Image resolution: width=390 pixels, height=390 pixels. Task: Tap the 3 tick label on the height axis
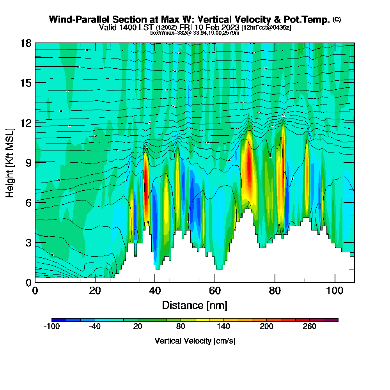[x=28, y=242]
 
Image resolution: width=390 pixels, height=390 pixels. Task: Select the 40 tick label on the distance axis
[x=155, y=291]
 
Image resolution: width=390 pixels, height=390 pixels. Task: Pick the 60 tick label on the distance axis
[x=215, y=291]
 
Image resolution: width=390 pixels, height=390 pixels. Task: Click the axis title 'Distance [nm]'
[x=195, y=305]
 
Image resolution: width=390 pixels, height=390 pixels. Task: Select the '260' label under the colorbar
[x=310, y=327]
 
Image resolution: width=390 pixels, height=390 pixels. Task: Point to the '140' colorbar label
[x=223, y=327]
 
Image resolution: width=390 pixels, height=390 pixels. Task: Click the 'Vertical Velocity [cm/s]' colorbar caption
[x=195, y=341]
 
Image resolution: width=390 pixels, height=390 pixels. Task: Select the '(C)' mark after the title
[x=337, y=19]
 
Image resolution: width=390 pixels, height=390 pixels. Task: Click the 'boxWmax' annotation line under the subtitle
[x=195, y=33]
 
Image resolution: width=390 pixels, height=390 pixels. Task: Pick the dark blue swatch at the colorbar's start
[x=59, y=320]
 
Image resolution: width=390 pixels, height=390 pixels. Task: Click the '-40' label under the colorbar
[x=95, y=327]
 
